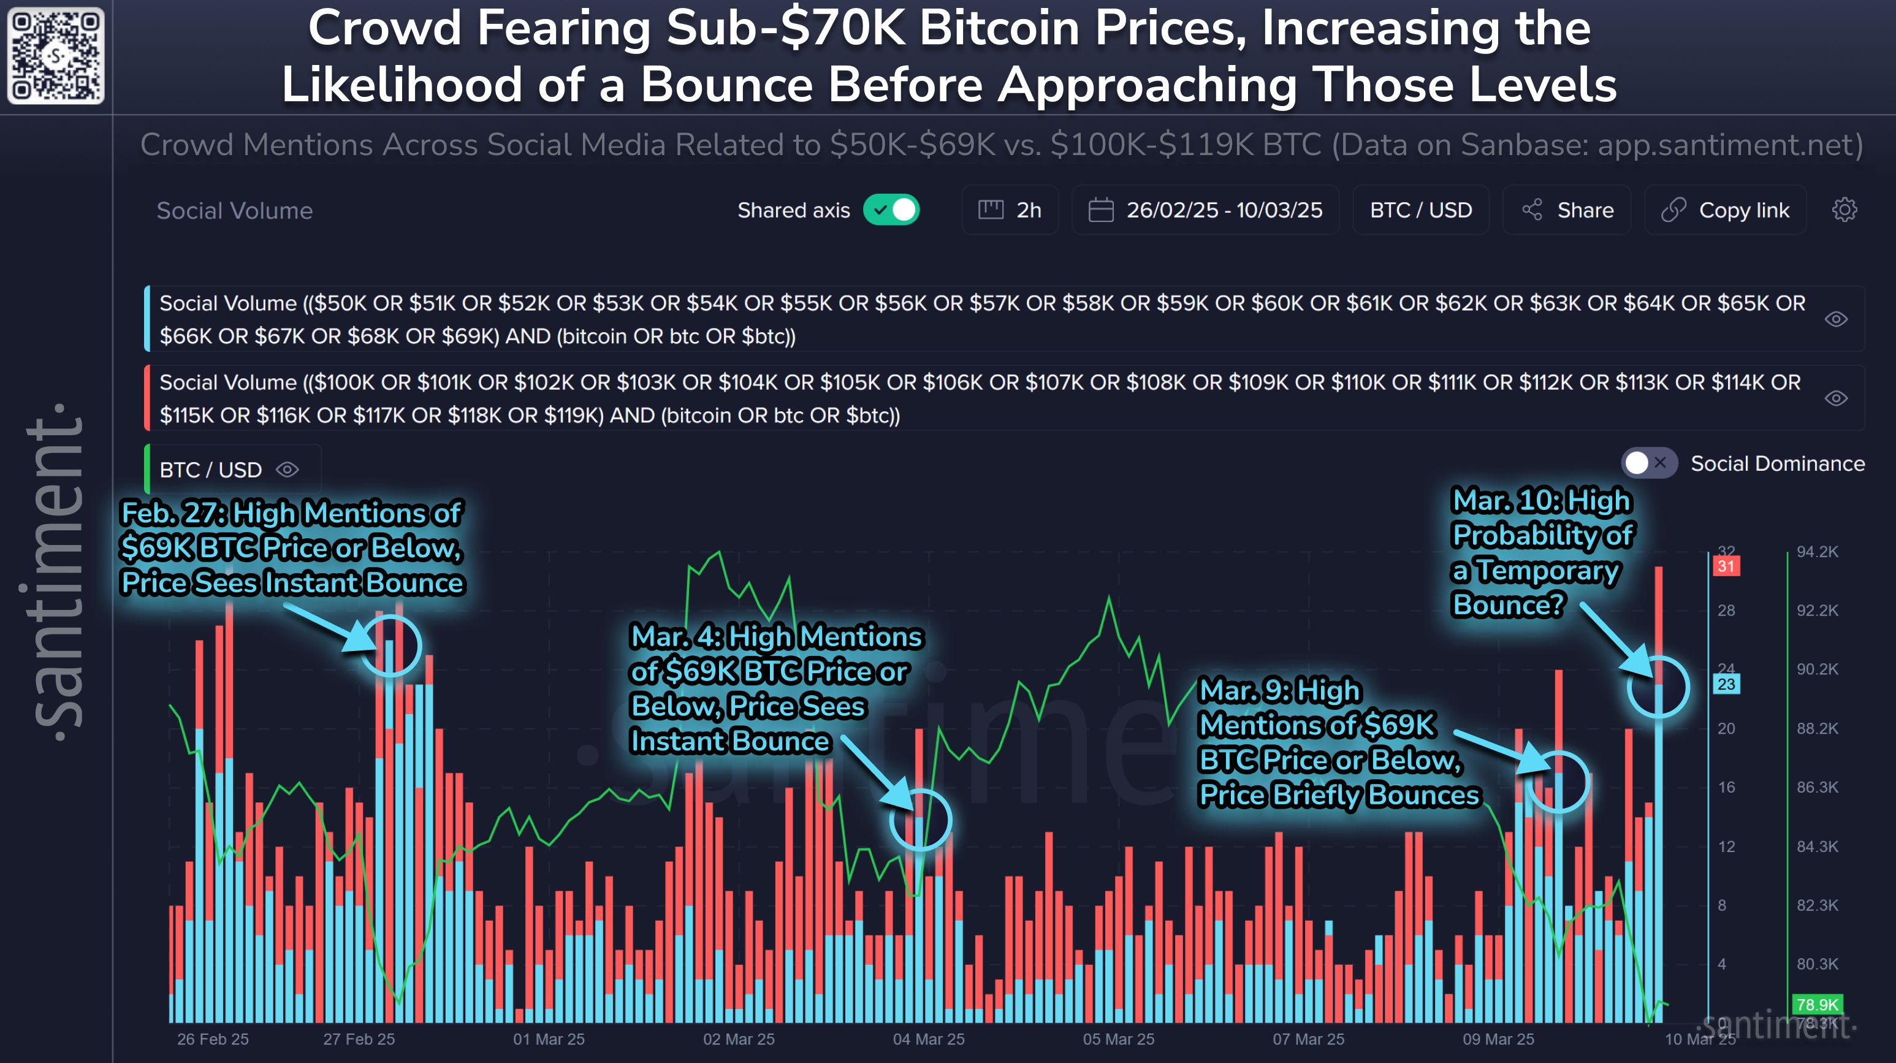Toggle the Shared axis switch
[891, 210]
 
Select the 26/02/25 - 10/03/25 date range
[1206, 210]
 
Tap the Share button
[1567, 210]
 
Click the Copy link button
[1726, 210]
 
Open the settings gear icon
[1844, 210]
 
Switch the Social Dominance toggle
[1649, 463]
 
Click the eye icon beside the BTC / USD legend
[287, 470]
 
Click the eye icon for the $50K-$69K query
[1836, 319]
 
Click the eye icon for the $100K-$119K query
[1836, 398]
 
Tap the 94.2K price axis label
[1818, 551]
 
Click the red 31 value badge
[1726, 566]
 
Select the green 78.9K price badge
[1818, 1005]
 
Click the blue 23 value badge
[1726, 684]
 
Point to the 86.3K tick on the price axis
[1818, 787]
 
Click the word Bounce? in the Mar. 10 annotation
[1507, 605]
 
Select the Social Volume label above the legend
[235, 210]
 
